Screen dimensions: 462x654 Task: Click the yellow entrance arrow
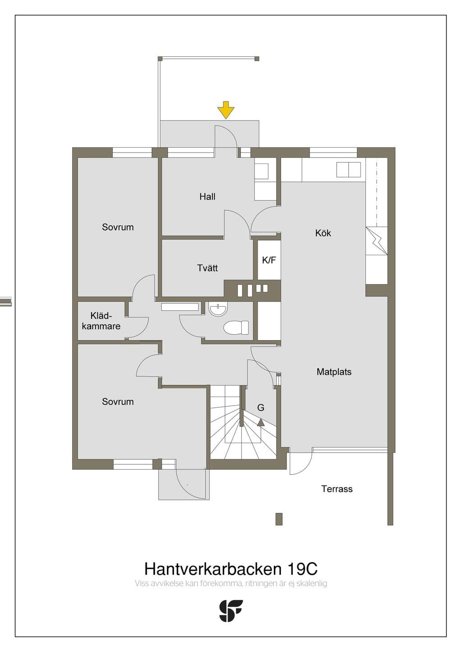coord(226,110)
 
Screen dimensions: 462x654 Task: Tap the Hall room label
coord(208,196)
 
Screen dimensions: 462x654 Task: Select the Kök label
coord(323,233)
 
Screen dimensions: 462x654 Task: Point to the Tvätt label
coord(208,268)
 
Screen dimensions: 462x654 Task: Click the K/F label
coord(269,260)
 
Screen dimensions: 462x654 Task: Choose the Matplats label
coord(334,372)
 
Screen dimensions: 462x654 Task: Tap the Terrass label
coord(337,489)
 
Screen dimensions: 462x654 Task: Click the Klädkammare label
coord(101,321)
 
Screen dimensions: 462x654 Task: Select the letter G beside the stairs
coord(261,407)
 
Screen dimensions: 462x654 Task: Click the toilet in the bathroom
coord(236,327)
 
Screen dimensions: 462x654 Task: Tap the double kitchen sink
coord(349,170)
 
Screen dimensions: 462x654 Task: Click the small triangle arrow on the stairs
coord(261,422)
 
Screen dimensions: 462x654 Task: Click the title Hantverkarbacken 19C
coord(231,569)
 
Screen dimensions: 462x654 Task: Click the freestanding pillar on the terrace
coord(279,519)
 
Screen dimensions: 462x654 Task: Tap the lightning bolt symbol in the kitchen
coord(377,240)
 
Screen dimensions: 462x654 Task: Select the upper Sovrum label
coord(118,227)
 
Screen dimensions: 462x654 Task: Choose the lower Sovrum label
coord(118,402)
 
